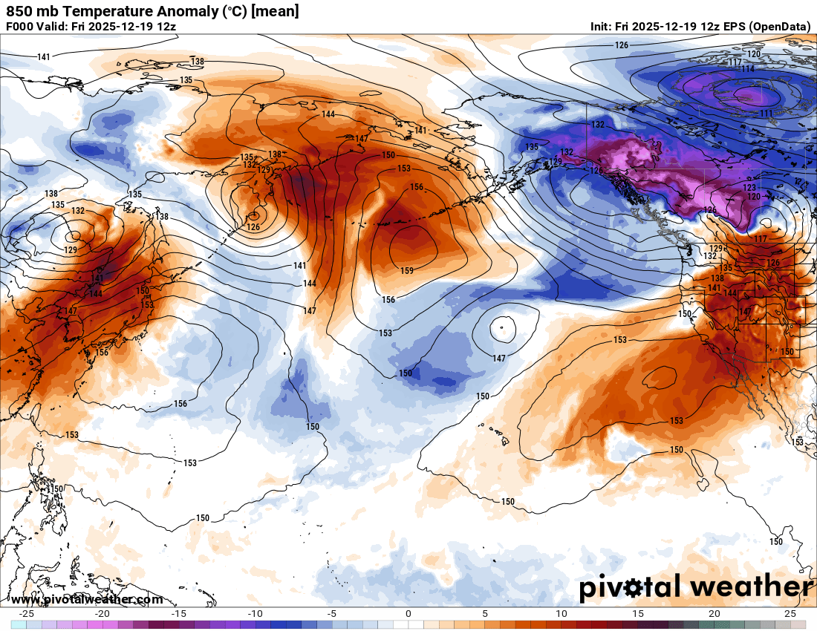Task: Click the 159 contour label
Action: pyautogui.click(x=406, y=271)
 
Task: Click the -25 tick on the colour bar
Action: pyautogui.click(x=27, y=614)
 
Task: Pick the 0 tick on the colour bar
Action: pyautogui.click(x=408, y=614)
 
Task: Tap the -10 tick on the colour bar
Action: pyautogui.click(x=255, y=614)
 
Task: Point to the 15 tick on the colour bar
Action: pyautogui.click(x=637, y=614)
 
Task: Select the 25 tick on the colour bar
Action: pyautogui.click(x=790, y=614)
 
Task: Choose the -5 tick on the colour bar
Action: pyautogui.click(x=332, y=614)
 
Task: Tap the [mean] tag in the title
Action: pyautogui.click(x=277, y=11)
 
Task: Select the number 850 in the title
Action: pyautogui.click(x=19, y=11)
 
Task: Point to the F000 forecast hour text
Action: pyautogui.click(x=19, y=26)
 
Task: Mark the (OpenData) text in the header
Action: pyautogui.click(x=779, y=26)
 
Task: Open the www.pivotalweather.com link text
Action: pyautogui.click(x=88, y=599)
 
